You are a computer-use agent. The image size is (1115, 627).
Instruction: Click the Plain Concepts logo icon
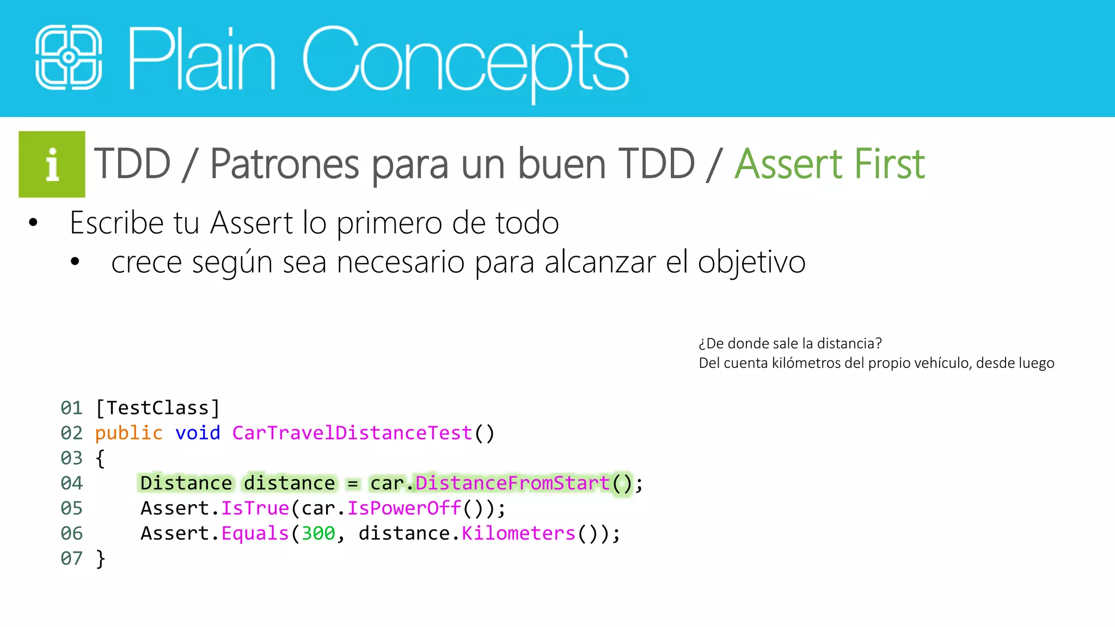coord(69,57)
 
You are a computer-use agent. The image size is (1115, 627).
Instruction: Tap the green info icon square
coord(52,164)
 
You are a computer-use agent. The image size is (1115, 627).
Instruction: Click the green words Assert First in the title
coord(829,164)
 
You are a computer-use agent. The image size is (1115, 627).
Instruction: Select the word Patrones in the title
coord(284,164)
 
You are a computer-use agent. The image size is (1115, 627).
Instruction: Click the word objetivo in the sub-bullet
coord(751,262)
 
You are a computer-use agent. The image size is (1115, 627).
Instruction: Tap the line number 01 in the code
coord(71,408)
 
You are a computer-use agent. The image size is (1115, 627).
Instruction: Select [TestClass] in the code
coord(157,408)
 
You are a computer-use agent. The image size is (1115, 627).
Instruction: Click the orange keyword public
coord(128,433)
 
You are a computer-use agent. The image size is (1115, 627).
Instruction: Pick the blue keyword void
coord(198,433)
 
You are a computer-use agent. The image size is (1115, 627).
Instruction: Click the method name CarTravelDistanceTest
coord(352,433)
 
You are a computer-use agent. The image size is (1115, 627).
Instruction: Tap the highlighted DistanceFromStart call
coord(512,483)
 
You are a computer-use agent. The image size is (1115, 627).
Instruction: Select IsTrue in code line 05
coord(255,508)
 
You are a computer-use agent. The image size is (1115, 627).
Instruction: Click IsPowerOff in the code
coord(404,508)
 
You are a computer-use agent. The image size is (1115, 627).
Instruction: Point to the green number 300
coord(318,533)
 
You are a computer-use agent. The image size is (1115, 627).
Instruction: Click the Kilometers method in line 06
coord(518,533)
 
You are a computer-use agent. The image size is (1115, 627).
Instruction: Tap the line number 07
coord(71,558)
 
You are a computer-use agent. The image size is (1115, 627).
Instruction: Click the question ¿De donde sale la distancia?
coord(790,343)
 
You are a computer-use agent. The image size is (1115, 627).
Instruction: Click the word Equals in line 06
coord(255,533)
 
